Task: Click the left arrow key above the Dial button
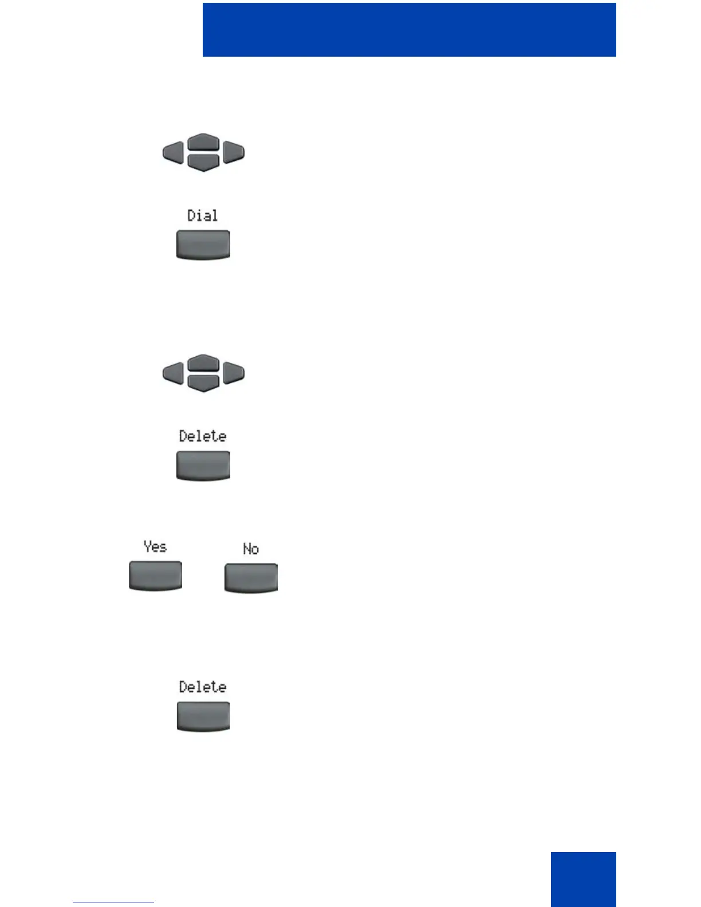click(174, 153)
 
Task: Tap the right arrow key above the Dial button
click(234, 153)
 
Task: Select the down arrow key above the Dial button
click(203, 163)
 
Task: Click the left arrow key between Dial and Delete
click(174, 373)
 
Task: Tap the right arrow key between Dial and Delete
click(234, 373)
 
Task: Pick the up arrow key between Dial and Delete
click(203, 363)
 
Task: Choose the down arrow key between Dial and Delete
click(203, 383)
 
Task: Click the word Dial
click(203, 216)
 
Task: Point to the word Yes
click(155, 547)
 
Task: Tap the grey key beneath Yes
click(155, 575)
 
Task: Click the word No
click(251, 549)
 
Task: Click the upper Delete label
click(203, 436)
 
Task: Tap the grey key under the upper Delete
click(203, 465)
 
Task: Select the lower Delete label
click(203, 687)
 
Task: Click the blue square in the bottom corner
click(583, 879)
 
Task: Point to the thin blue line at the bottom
click(113, 902)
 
